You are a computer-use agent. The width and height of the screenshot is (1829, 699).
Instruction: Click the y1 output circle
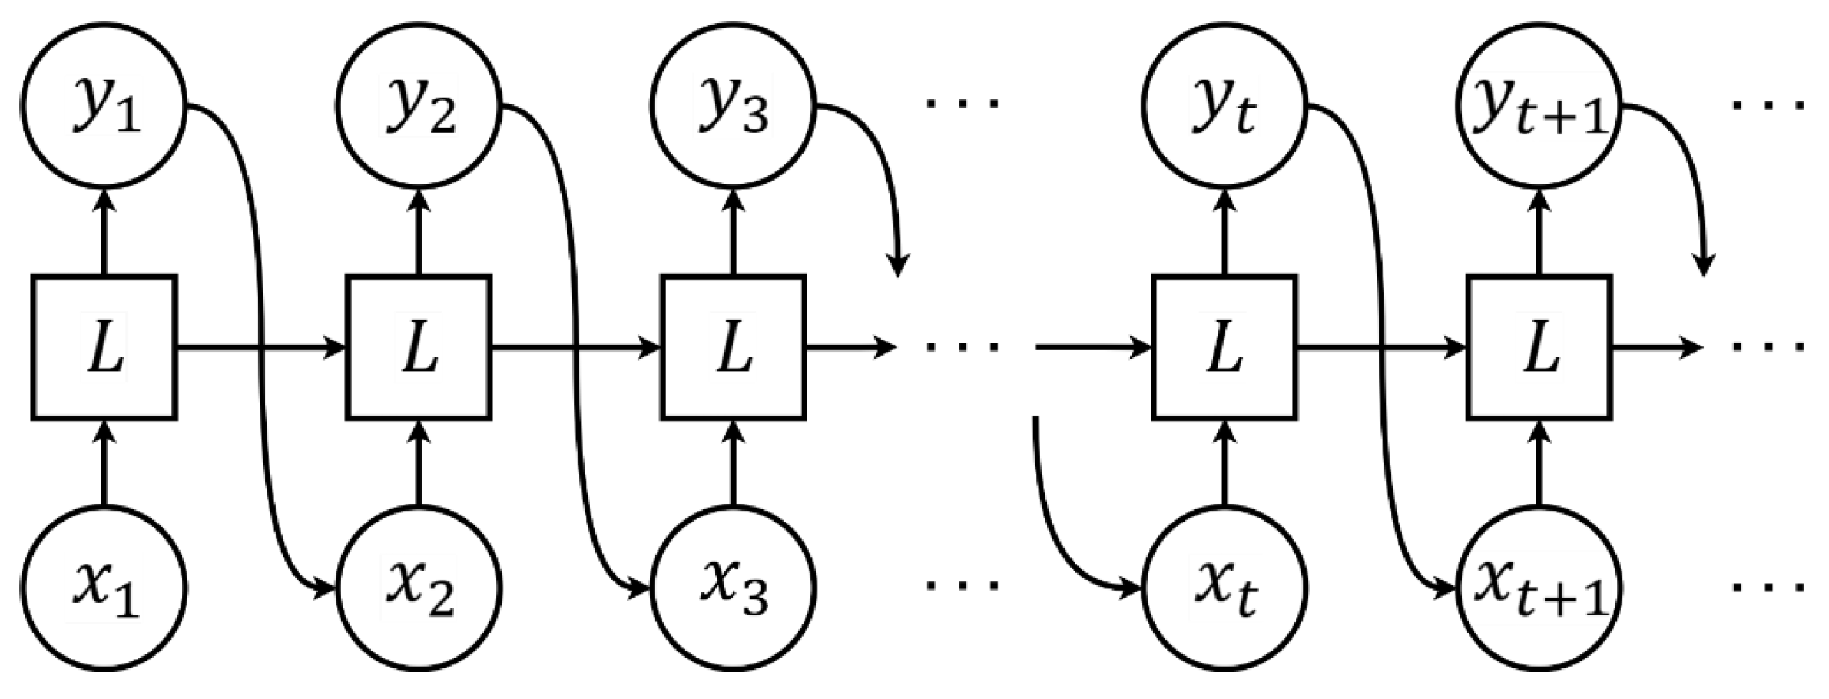pyautogui.click(x=104, y=104)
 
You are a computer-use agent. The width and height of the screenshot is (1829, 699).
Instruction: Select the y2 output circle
pyautogui.click(x=419, y=104)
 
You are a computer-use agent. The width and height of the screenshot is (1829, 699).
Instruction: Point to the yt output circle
pyautogui.click(x=1224, y=104)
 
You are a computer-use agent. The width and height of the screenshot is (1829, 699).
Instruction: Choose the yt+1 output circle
pyautogui.click(x=1539, y=104)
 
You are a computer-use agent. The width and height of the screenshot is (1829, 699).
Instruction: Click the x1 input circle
pyautogui.click(x=104, y=588)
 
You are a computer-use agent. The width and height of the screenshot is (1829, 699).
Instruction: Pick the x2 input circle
pyautogui.click(x=419, y=588)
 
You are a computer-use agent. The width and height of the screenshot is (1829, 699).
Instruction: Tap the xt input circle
pyautogui.click(x=1224, y=588)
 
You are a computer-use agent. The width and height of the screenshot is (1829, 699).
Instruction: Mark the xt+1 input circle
pyautogui.click(x=1539, y=588)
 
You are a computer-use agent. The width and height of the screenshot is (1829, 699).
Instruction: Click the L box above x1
pyautogui.click(x=104, y=347)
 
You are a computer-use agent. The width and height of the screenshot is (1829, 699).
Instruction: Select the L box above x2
pyautogui.click(x=419, y=347)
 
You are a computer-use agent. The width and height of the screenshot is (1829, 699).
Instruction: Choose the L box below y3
pyautogui.click(x=733, y=347)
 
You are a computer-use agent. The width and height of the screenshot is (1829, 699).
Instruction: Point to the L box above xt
pyautogui.click(x=1224, y=347)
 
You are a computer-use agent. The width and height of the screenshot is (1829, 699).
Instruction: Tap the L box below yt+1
pyautogui.click(x=1539, y=347)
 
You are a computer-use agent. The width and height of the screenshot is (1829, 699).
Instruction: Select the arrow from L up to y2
pyautogui.click(x=419, y=230)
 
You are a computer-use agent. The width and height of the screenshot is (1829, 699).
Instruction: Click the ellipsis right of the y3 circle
pyautogui.click(x=962, y=103)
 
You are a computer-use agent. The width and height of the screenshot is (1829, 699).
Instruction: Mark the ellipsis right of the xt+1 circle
pyautogui.click(x=1767, y=588)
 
